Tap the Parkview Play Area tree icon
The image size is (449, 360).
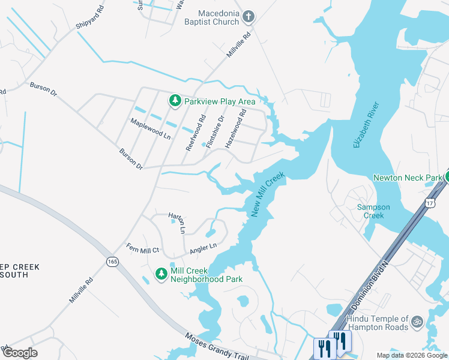(175, 101)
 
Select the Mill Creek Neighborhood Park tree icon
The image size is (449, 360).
(161, 274)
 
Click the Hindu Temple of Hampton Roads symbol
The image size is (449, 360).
(417, 322)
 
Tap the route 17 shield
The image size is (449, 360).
(430, 203)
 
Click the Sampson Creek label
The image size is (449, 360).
(373, 211)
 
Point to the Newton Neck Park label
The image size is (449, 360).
(406, 178)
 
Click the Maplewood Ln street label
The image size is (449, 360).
(151, 128)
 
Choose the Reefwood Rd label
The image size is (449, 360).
(196, 133)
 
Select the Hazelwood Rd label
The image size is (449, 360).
(236, 128)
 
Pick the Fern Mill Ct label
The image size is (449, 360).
(142, 248)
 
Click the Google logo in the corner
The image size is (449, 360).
(20, 353)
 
